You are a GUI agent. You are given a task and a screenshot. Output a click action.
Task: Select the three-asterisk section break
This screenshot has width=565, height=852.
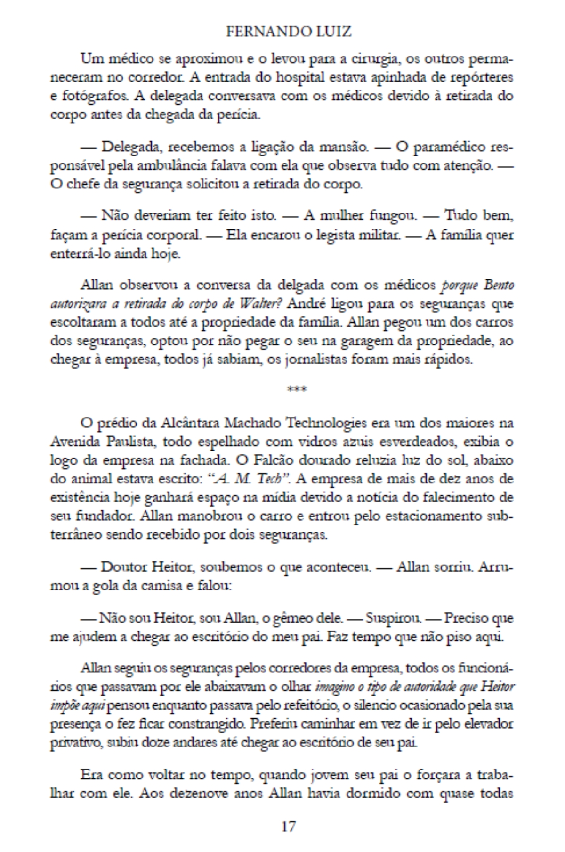(x=296, y=389)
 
